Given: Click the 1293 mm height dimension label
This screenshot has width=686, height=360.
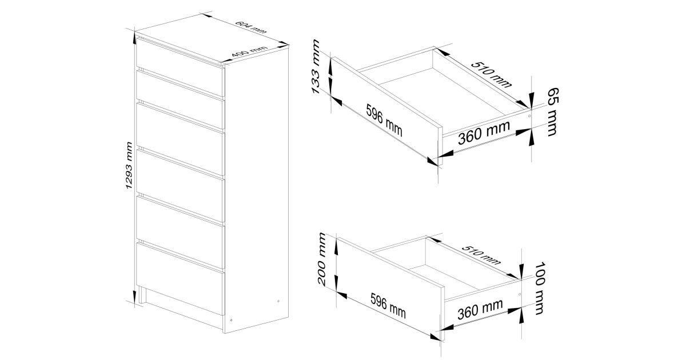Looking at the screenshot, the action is tap(129, 165).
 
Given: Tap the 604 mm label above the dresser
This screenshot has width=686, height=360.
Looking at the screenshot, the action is tap(251, 27).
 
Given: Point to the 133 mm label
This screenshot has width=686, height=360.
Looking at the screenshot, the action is tap(316, 66).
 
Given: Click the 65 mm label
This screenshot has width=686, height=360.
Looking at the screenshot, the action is tap(552, 112).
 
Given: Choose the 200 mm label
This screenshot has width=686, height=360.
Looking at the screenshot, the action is tap(322, 259).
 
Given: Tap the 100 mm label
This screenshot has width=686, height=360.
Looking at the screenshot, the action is tap(540, 288).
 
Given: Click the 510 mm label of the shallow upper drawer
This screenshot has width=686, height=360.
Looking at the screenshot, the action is tap(491, 75).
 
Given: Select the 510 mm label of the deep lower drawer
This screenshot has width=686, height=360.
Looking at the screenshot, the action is tap(481, 255).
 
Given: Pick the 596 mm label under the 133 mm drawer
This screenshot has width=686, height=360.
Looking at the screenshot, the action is tap(384, 120).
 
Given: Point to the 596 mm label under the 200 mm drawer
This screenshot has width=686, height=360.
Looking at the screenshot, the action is tap(388, 306).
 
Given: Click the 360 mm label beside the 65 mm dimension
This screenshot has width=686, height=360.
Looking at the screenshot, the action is tap(484, 133).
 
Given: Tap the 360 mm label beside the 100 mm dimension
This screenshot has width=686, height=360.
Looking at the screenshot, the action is tap(480, 310).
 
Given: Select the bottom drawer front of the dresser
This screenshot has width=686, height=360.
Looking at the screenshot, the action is tap(181, 279).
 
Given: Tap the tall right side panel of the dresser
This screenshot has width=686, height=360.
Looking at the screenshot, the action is tap(257, 190).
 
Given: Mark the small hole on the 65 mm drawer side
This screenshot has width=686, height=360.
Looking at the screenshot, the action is tap(529, 116).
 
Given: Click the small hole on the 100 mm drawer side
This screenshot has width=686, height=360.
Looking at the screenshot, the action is tap(520, 294).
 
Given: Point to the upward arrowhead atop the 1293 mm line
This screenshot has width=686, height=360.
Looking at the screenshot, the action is tap(134, 37).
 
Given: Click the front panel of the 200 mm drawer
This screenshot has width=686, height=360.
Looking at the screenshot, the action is tap(391, 289).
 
